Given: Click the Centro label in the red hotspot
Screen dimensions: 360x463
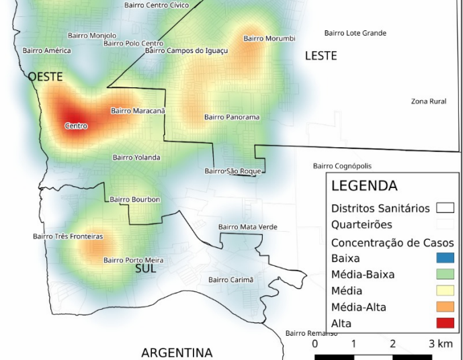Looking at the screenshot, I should tap(76, 126).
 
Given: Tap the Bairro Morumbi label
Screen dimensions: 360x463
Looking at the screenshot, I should tap(269, 38).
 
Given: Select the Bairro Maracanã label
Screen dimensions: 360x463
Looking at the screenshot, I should tap(138, 111).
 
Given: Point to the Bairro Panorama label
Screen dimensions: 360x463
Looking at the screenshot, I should tap(232, 118).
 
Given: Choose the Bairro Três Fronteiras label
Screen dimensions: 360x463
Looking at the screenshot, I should tap(68, 236).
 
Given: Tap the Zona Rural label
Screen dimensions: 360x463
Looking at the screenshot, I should tap(429, 101).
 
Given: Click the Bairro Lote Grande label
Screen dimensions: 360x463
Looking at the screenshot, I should tap(355, 33).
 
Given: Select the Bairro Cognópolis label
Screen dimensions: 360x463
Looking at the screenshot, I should tap(342, 166).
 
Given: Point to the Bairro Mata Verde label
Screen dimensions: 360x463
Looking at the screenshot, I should tap(247, 227).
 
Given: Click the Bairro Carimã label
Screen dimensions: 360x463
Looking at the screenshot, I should tap(231, 279).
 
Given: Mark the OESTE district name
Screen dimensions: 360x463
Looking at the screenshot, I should tap(45, 77).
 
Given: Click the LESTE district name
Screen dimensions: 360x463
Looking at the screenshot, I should tap(321, 56).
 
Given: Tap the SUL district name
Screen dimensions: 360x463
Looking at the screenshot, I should tap(145, 269).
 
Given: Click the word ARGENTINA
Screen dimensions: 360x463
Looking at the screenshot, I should tap(177, 353).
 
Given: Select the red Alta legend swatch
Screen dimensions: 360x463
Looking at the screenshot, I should tap(445, 323).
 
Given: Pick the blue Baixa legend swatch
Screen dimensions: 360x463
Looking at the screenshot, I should tap(445, 258).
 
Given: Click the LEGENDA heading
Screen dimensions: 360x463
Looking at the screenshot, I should tap(364, 186).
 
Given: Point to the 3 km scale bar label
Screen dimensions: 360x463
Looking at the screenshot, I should tap(441, 344).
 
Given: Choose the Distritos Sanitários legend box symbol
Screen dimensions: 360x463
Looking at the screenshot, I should tap(445, 208).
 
